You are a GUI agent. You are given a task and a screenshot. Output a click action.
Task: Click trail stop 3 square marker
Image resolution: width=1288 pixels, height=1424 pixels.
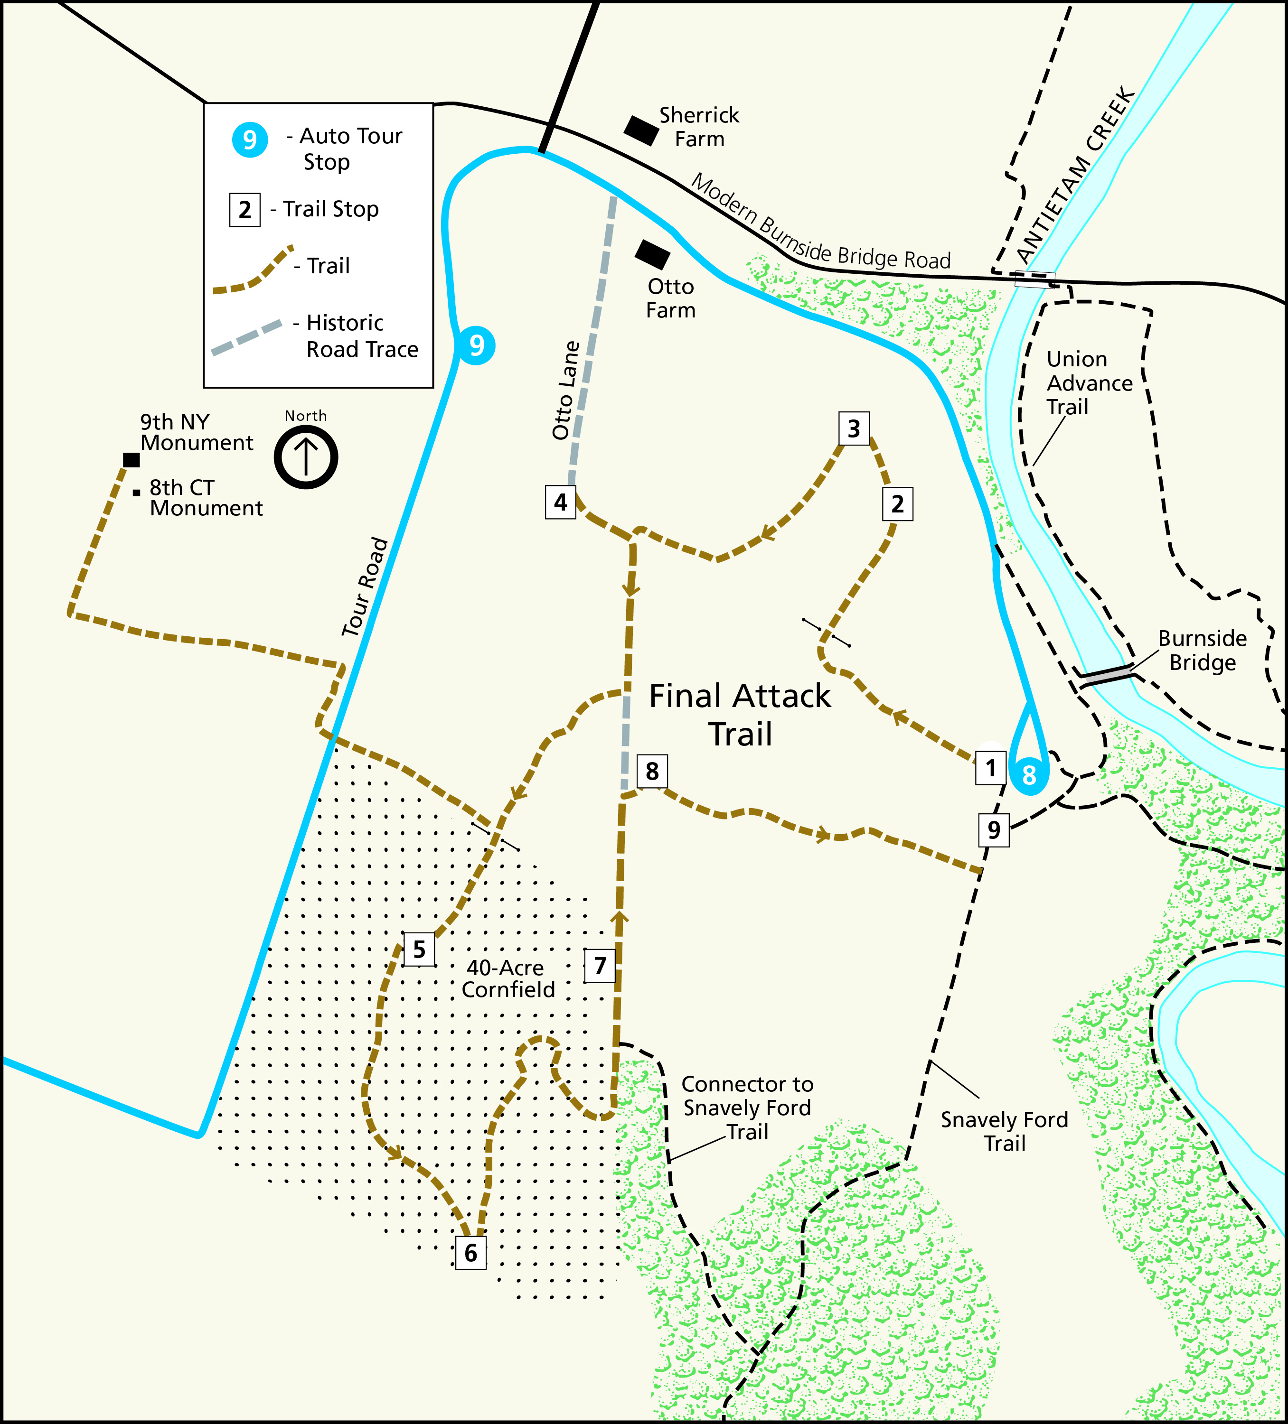(854, 428)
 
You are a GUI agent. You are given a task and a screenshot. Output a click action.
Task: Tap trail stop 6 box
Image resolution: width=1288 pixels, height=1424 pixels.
(470, 1252)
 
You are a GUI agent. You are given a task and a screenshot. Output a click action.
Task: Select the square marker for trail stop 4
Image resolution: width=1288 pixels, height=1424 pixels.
(560, 502)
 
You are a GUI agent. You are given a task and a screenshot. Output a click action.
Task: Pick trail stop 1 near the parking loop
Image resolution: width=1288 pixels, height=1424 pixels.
(990, 768)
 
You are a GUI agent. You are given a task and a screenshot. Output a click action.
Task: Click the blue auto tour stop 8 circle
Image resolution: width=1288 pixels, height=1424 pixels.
(1029, 775)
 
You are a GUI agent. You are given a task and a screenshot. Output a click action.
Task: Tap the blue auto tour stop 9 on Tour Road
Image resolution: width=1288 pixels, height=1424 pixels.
(476, 345)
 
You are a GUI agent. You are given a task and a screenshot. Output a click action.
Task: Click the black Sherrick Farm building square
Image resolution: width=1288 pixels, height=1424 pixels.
(641, 130)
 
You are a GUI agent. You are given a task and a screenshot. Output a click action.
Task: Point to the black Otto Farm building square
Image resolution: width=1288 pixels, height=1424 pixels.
(652, 254)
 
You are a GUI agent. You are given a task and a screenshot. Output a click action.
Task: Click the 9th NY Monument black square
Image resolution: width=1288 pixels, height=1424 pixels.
(132, 460)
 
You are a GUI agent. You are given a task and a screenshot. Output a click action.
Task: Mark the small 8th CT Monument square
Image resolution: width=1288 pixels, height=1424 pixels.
(136, 493)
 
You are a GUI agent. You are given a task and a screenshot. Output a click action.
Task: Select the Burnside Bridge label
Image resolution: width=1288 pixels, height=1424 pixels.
(1202, 651)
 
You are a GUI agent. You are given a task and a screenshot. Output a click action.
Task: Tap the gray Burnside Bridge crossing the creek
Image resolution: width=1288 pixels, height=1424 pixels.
(1107, 675)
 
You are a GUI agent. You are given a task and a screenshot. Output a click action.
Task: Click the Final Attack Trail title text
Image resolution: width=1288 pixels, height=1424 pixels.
(740, 715)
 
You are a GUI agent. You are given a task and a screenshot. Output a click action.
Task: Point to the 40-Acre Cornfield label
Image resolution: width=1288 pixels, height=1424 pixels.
(508, 978)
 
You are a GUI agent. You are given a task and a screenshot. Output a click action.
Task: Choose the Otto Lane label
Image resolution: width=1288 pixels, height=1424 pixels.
(566, 391)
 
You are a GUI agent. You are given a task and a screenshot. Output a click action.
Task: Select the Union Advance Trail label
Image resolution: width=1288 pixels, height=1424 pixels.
(1089, 383)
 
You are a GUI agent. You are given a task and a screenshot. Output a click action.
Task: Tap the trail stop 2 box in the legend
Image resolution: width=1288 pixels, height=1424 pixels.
(244, 210)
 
